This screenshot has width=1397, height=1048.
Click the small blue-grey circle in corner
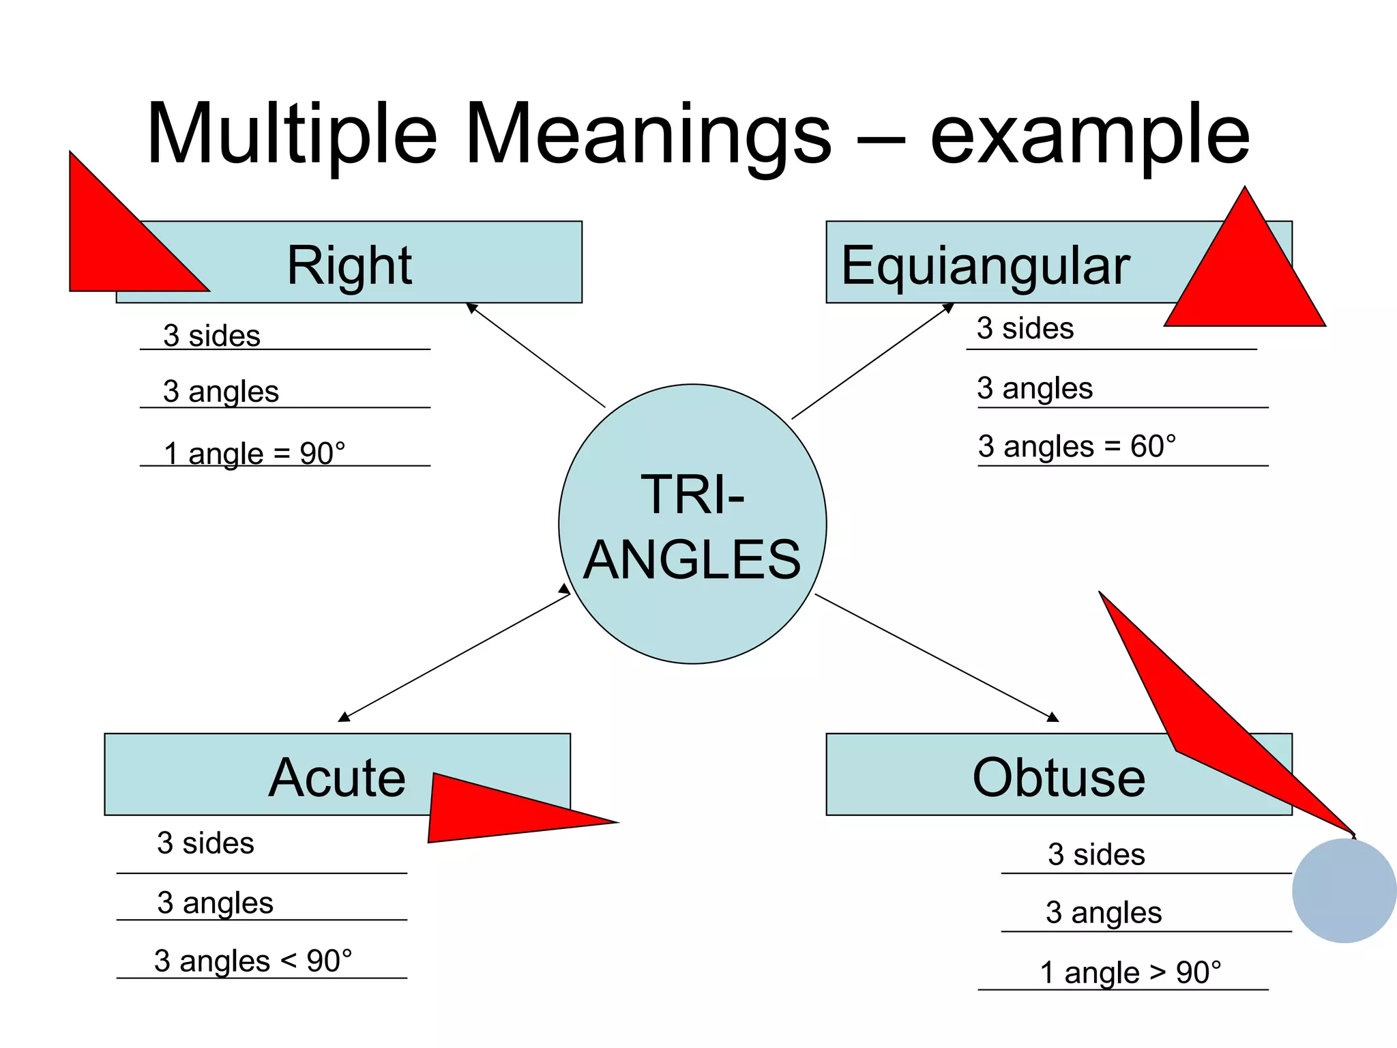coord(1344,890)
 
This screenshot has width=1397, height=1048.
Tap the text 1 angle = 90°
coord(254,453)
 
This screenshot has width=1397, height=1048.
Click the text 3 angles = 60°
coord(1077,446)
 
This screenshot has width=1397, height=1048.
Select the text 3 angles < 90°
coord(253,961)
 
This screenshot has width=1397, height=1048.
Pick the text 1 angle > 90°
coord(1130,972)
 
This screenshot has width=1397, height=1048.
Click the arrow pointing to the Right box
coord(535,355)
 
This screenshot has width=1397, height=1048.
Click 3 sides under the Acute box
coord(205,843)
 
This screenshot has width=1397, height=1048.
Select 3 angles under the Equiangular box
coord(1035,388)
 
